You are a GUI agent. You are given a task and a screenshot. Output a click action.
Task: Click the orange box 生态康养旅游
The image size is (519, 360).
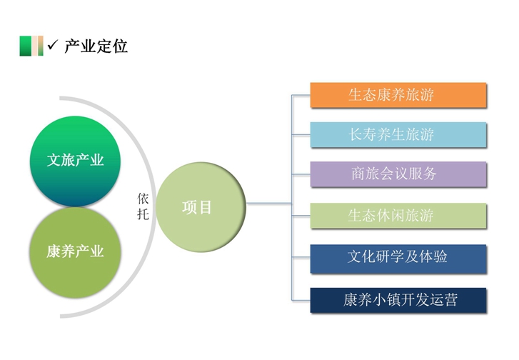pyautogui.click(x=398, y=95)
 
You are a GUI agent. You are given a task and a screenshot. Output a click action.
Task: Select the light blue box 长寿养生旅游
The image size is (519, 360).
pyautogui.click(x=398, y=134)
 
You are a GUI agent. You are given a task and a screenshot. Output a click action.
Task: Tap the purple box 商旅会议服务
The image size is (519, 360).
pyautogui.click(x=398, y=174)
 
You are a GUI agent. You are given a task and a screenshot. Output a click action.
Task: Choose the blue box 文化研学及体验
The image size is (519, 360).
pyautogui.click(x=398, y=258)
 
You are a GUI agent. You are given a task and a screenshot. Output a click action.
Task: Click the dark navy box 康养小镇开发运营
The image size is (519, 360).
pyautogui.click(x=398, y=300)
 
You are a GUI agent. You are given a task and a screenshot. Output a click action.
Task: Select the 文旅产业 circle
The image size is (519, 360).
pyautogui.click(x=74, y=160)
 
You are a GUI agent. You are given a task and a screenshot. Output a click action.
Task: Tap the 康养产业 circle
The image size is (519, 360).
pyautogui.click(x=74, y=251)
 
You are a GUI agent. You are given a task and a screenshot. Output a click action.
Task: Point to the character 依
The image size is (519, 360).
pyautogui.click(x=143, y=199)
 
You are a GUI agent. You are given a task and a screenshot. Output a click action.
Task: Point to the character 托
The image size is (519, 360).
pyautogui.click(x=143, y=214)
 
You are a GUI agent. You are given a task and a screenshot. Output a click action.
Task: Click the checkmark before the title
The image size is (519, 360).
pyautogui.click(x=52, y=46)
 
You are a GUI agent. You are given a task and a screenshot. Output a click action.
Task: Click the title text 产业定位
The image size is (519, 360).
pyautogui.click(x=96, y=47)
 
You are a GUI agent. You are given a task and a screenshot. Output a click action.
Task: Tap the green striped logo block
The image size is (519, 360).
pyautogui.click(x=31, y=46)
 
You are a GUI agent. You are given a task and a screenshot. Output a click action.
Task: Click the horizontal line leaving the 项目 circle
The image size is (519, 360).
pyautogui.click(x=268, y=204)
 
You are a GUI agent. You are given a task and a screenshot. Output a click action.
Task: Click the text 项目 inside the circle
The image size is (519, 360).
pyautogui.click(x=197, y=208)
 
